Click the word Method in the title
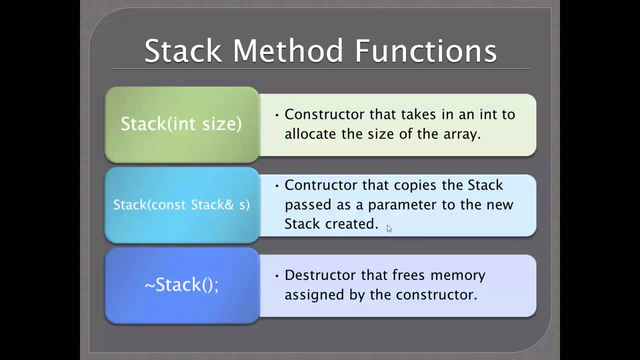[288, 51]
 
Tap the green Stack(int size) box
[181, 124]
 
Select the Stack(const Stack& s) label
[181, 204]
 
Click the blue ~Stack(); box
[181, 285]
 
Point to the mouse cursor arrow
[389, 228]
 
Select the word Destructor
[317, 275]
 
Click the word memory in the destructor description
[458, 275]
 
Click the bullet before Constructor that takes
[277, 115]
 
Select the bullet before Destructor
[277, 275]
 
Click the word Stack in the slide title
[183, 51]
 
